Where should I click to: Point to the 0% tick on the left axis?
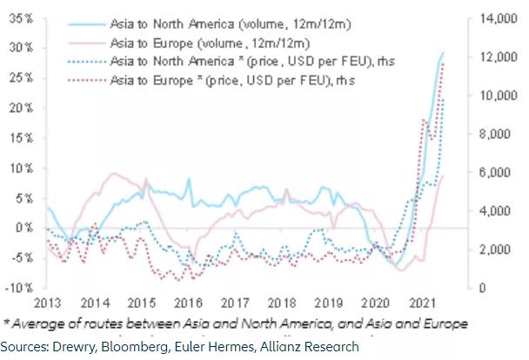click(x=20, y=228)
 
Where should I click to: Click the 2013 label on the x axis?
click(x=45, y=303)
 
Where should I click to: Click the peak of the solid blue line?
click(x=443, y=53)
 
